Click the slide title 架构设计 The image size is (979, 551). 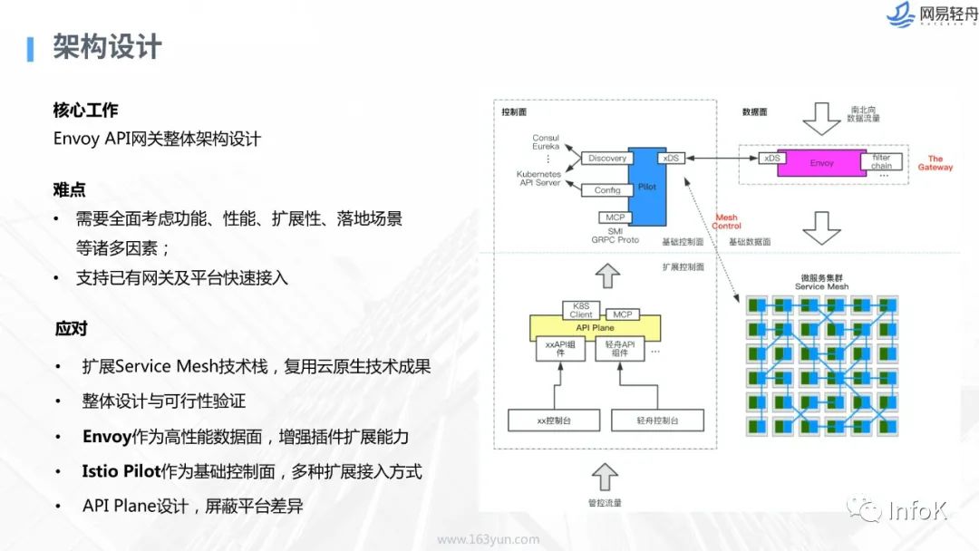(x=107, y=46)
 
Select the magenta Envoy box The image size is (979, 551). (x=821, y=163)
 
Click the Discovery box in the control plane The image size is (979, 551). (x=606, y=159)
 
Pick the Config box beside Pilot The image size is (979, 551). (x=606, y=190)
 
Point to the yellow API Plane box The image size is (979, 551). (x=595, y=327)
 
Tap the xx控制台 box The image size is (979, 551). (x=554, y=420)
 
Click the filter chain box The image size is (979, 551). (x=881, y=161)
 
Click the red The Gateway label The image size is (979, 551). (x=935, y=163)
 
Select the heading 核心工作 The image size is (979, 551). (x=85, y=111)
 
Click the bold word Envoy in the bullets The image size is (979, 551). (x=107, y=437)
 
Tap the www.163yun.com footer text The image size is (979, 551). (x=488, y=539)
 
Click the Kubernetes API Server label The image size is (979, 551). (x=538, y=179)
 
